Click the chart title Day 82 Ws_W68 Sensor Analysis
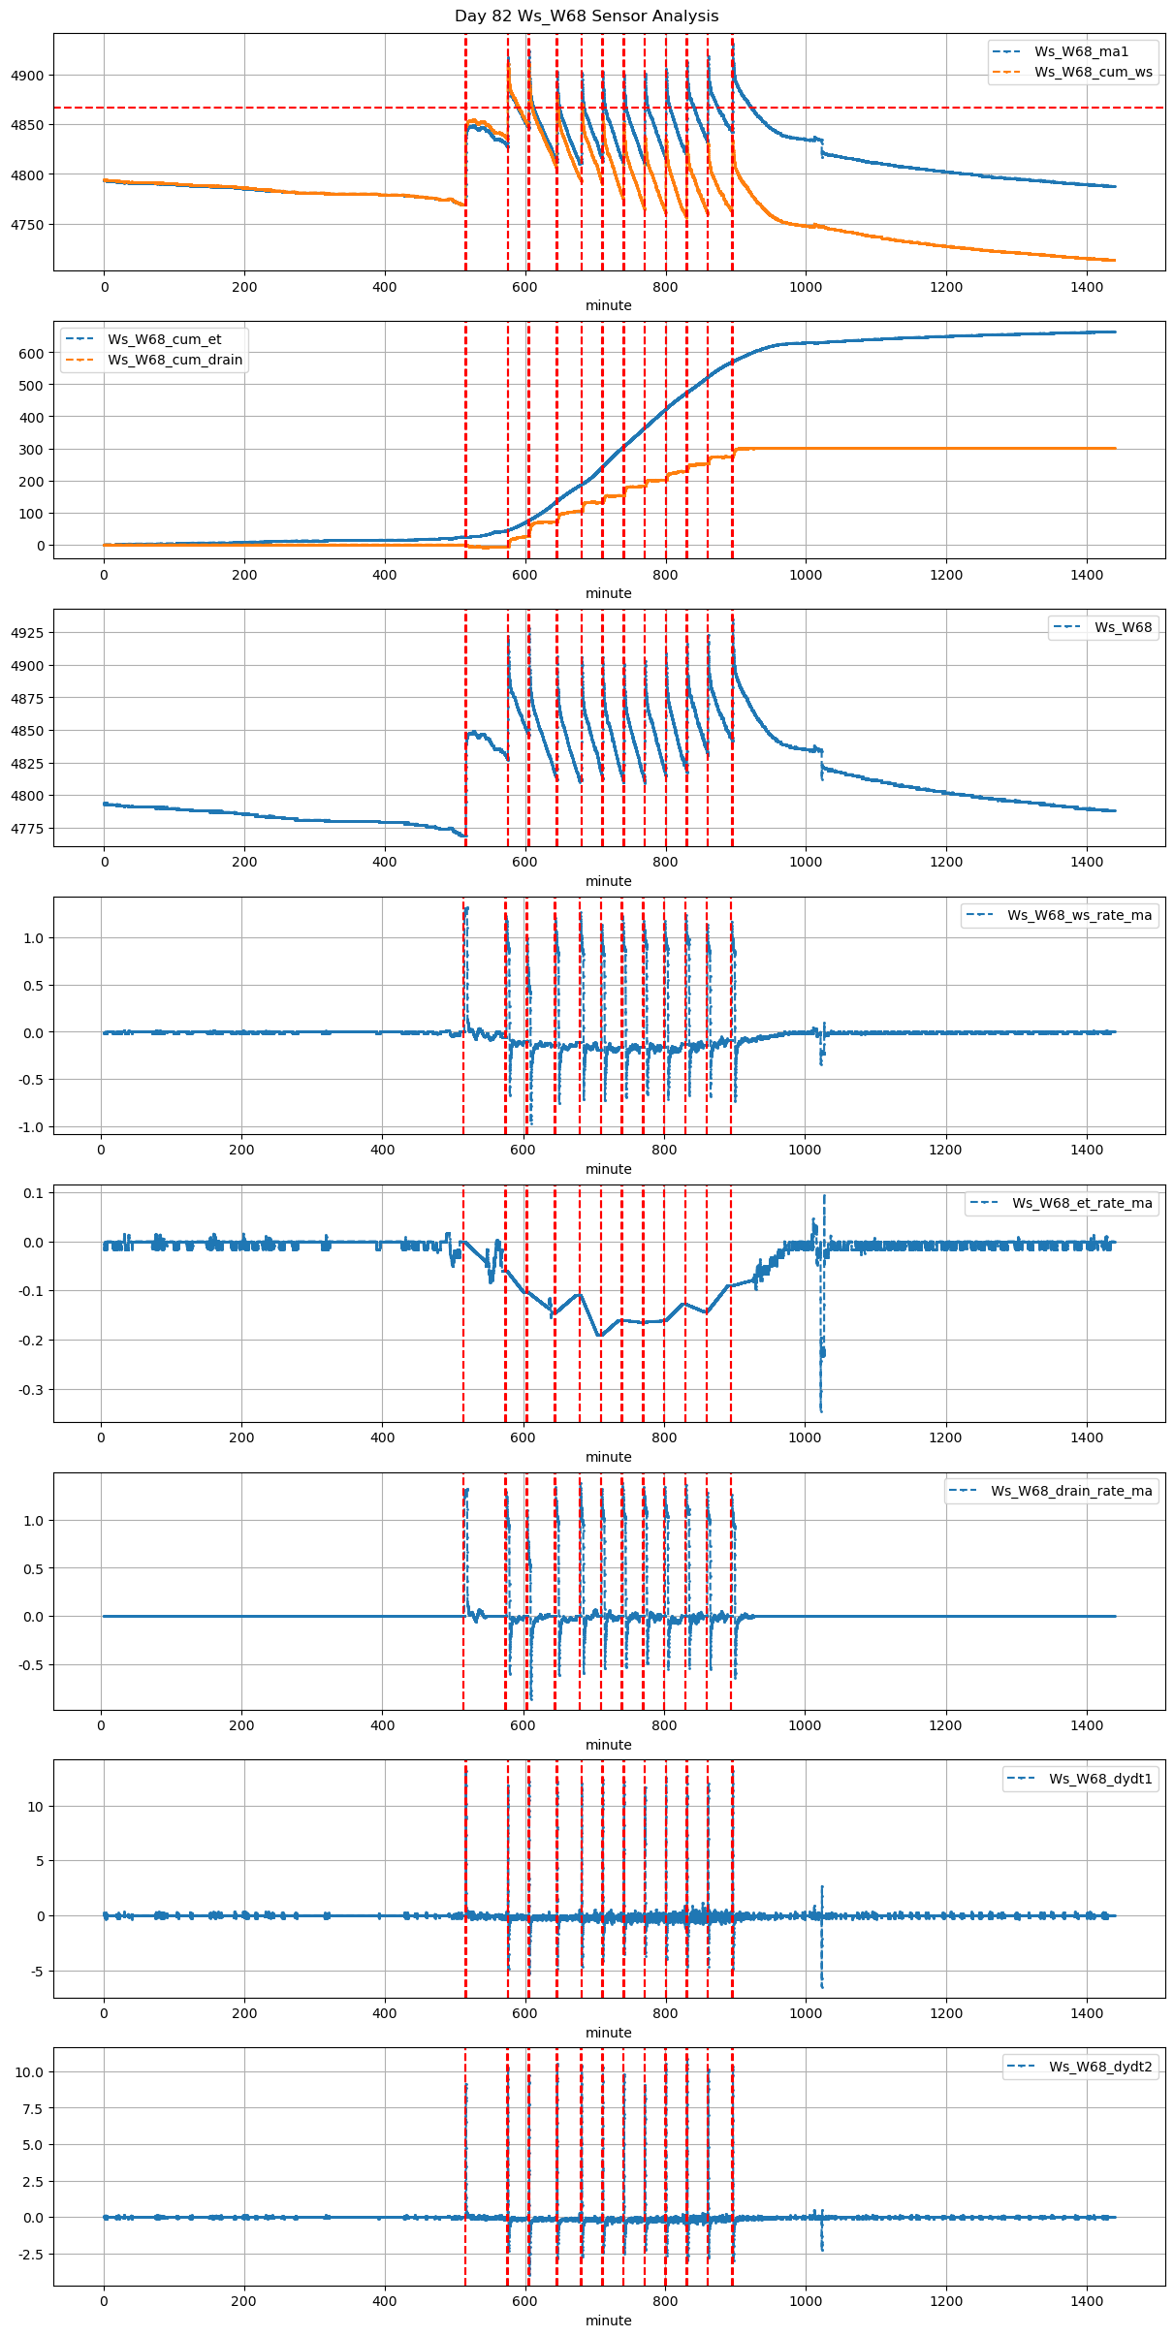coord(587,16)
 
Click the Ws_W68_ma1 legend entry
coord(1081,51)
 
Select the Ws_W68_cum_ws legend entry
coord(1093,72)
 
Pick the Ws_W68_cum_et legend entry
coord(164,339)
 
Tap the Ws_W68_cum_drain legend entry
coord(175,360)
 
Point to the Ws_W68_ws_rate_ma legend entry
coord(1079,915)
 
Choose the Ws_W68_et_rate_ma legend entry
coord(1082,1203)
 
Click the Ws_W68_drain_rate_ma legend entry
coord(1071,1491)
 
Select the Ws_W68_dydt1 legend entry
coord(1100,1779)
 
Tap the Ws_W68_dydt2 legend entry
coord(1100,2067)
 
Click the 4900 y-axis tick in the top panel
coord(28,76)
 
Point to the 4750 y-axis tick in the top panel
coord(28,225)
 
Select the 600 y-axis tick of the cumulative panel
coord(33,354)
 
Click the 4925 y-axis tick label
coord(28,633)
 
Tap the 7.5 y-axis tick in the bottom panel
coord(34,2109)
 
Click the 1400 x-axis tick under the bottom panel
coord(1087,2304)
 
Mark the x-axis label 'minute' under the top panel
coord(608,305)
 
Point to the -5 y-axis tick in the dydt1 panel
coord(37,1971)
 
